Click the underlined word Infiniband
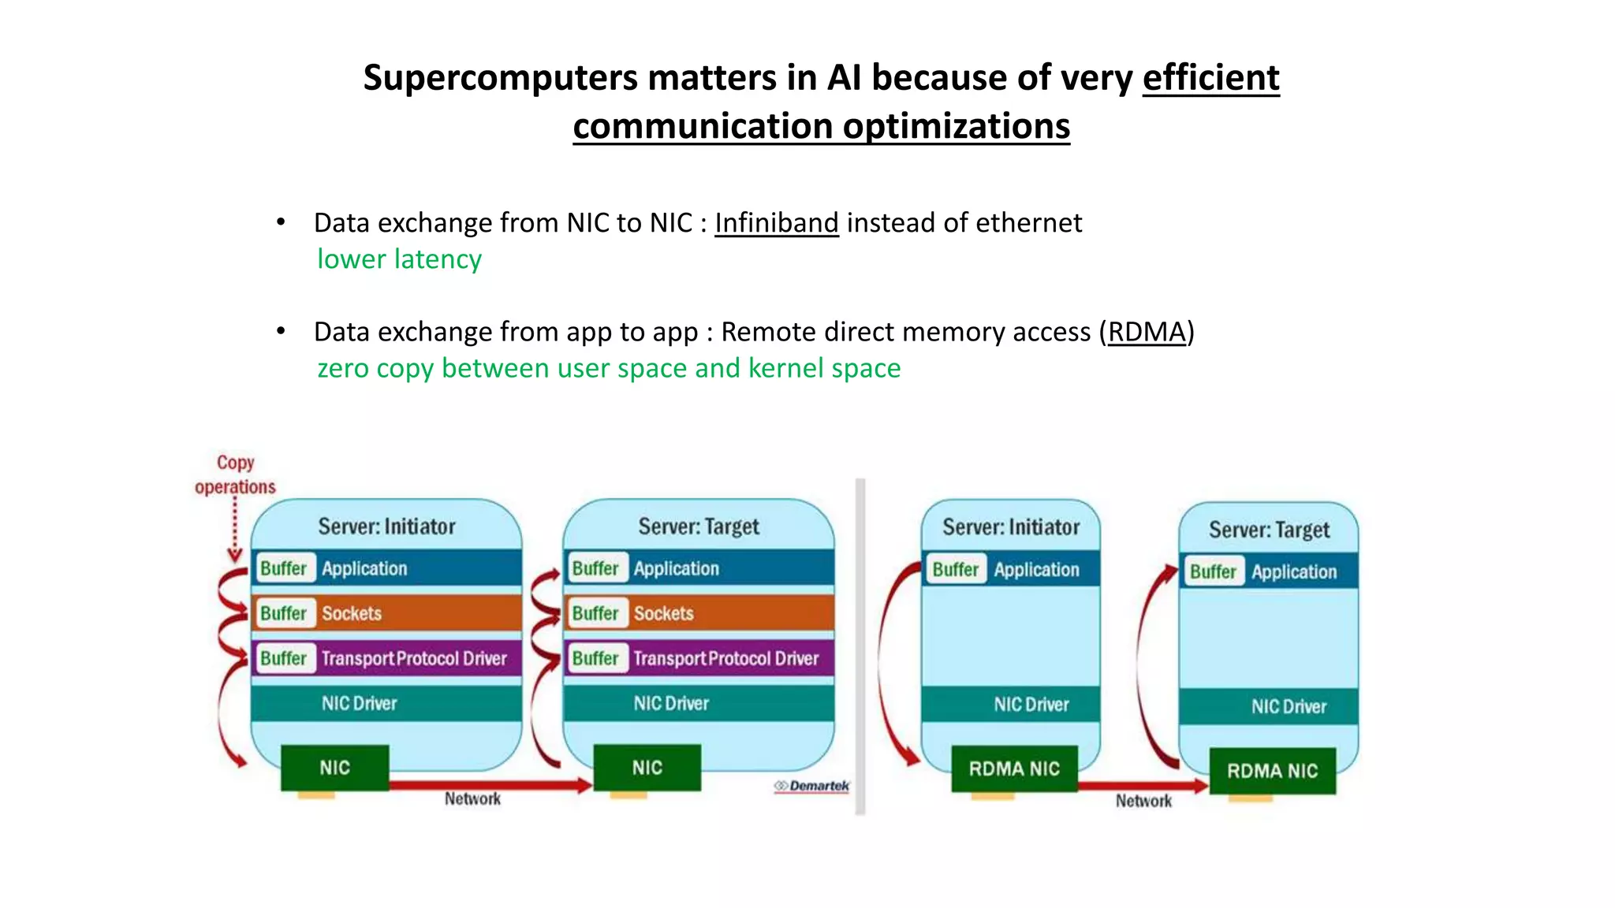coord(776,223)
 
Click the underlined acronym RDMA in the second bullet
coord(1147,332)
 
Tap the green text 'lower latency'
coord(399,259)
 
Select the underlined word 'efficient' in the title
coord(1210,78)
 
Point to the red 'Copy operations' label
coord(235,474)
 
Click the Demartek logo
coord(812,786)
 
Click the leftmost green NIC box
coord(335,768)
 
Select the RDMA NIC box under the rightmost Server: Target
coord(1272,771)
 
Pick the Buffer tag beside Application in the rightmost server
coord(1213,571)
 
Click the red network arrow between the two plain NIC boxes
coord(489,785)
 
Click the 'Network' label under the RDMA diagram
coord(1143,802)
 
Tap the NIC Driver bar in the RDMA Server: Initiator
coord(1011,704)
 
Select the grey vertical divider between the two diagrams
coord(860,646)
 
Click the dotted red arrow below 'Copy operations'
coord(235,528)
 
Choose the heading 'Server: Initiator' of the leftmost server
coord(386,527)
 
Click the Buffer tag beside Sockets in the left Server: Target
coord(595,613)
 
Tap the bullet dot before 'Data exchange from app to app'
coord(281,331)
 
